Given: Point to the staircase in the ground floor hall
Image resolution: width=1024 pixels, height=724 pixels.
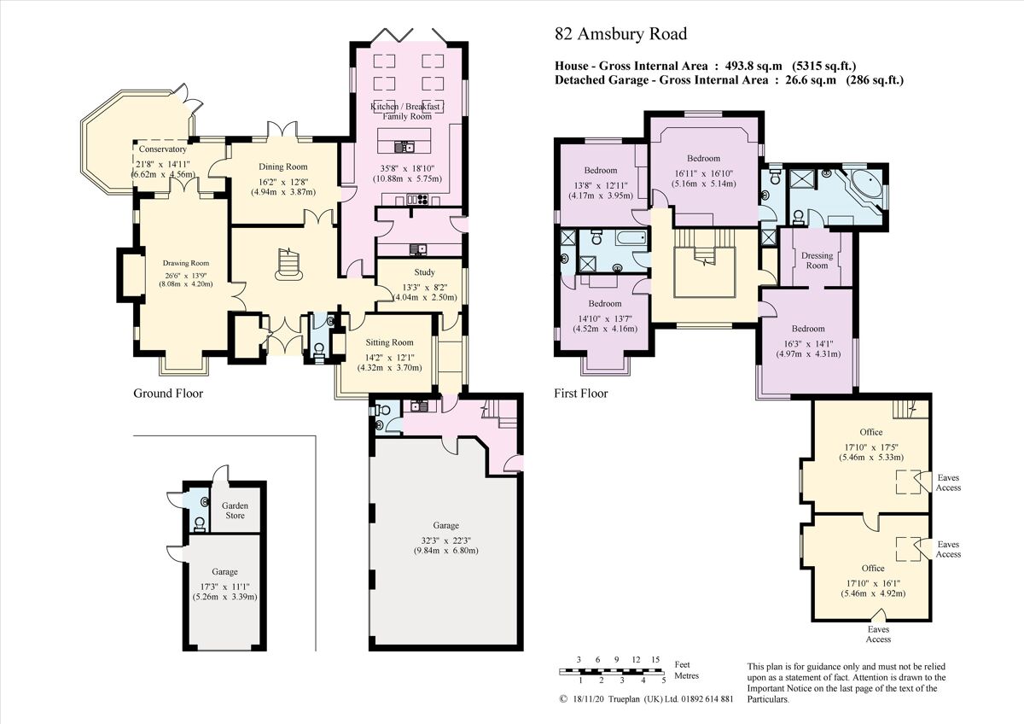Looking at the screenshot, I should [x=287, y=266].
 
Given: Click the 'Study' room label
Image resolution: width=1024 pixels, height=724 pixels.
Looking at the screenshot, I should [x=424, y=272].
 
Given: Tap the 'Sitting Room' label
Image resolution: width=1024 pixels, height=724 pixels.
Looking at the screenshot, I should [x=389, y=342].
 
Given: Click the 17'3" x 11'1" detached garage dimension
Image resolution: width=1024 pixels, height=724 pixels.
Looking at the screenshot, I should [x=224, y=586].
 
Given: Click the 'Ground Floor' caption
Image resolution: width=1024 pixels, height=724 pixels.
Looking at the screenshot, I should [x=168, y=394].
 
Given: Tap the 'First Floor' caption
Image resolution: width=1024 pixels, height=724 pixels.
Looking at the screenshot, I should [x=581, y=394].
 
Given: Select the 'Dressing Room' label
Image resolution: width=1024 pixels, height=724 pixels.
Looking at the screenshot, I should [x=817, y=260].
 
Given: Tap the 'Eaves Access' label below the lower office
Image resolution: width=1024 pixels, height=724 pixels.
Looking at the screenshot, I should [x=878, y=634].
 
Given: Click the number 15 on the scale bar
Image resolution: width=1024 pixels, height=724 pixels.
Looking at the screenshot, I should [x=655, y=660].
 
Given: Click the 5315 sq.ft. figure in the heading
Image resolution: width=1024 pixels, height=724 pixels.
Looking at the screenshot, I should [x=824, y=66].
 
